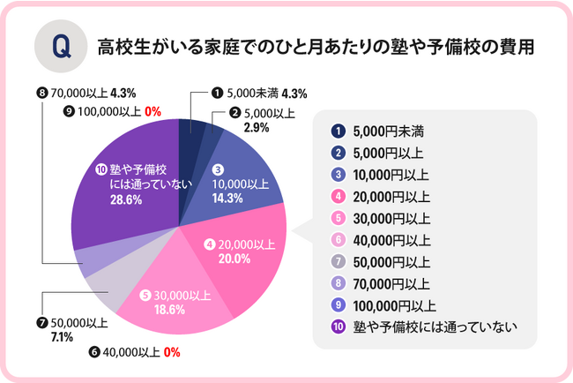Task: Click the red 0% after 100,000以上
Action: [x=150, y=112]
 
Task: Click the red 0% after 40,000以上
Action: [x=172, y=353]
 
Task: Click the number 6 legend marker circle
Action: [x=337, y=240]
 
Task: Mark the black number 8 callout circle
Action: [x=41, y=92]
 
